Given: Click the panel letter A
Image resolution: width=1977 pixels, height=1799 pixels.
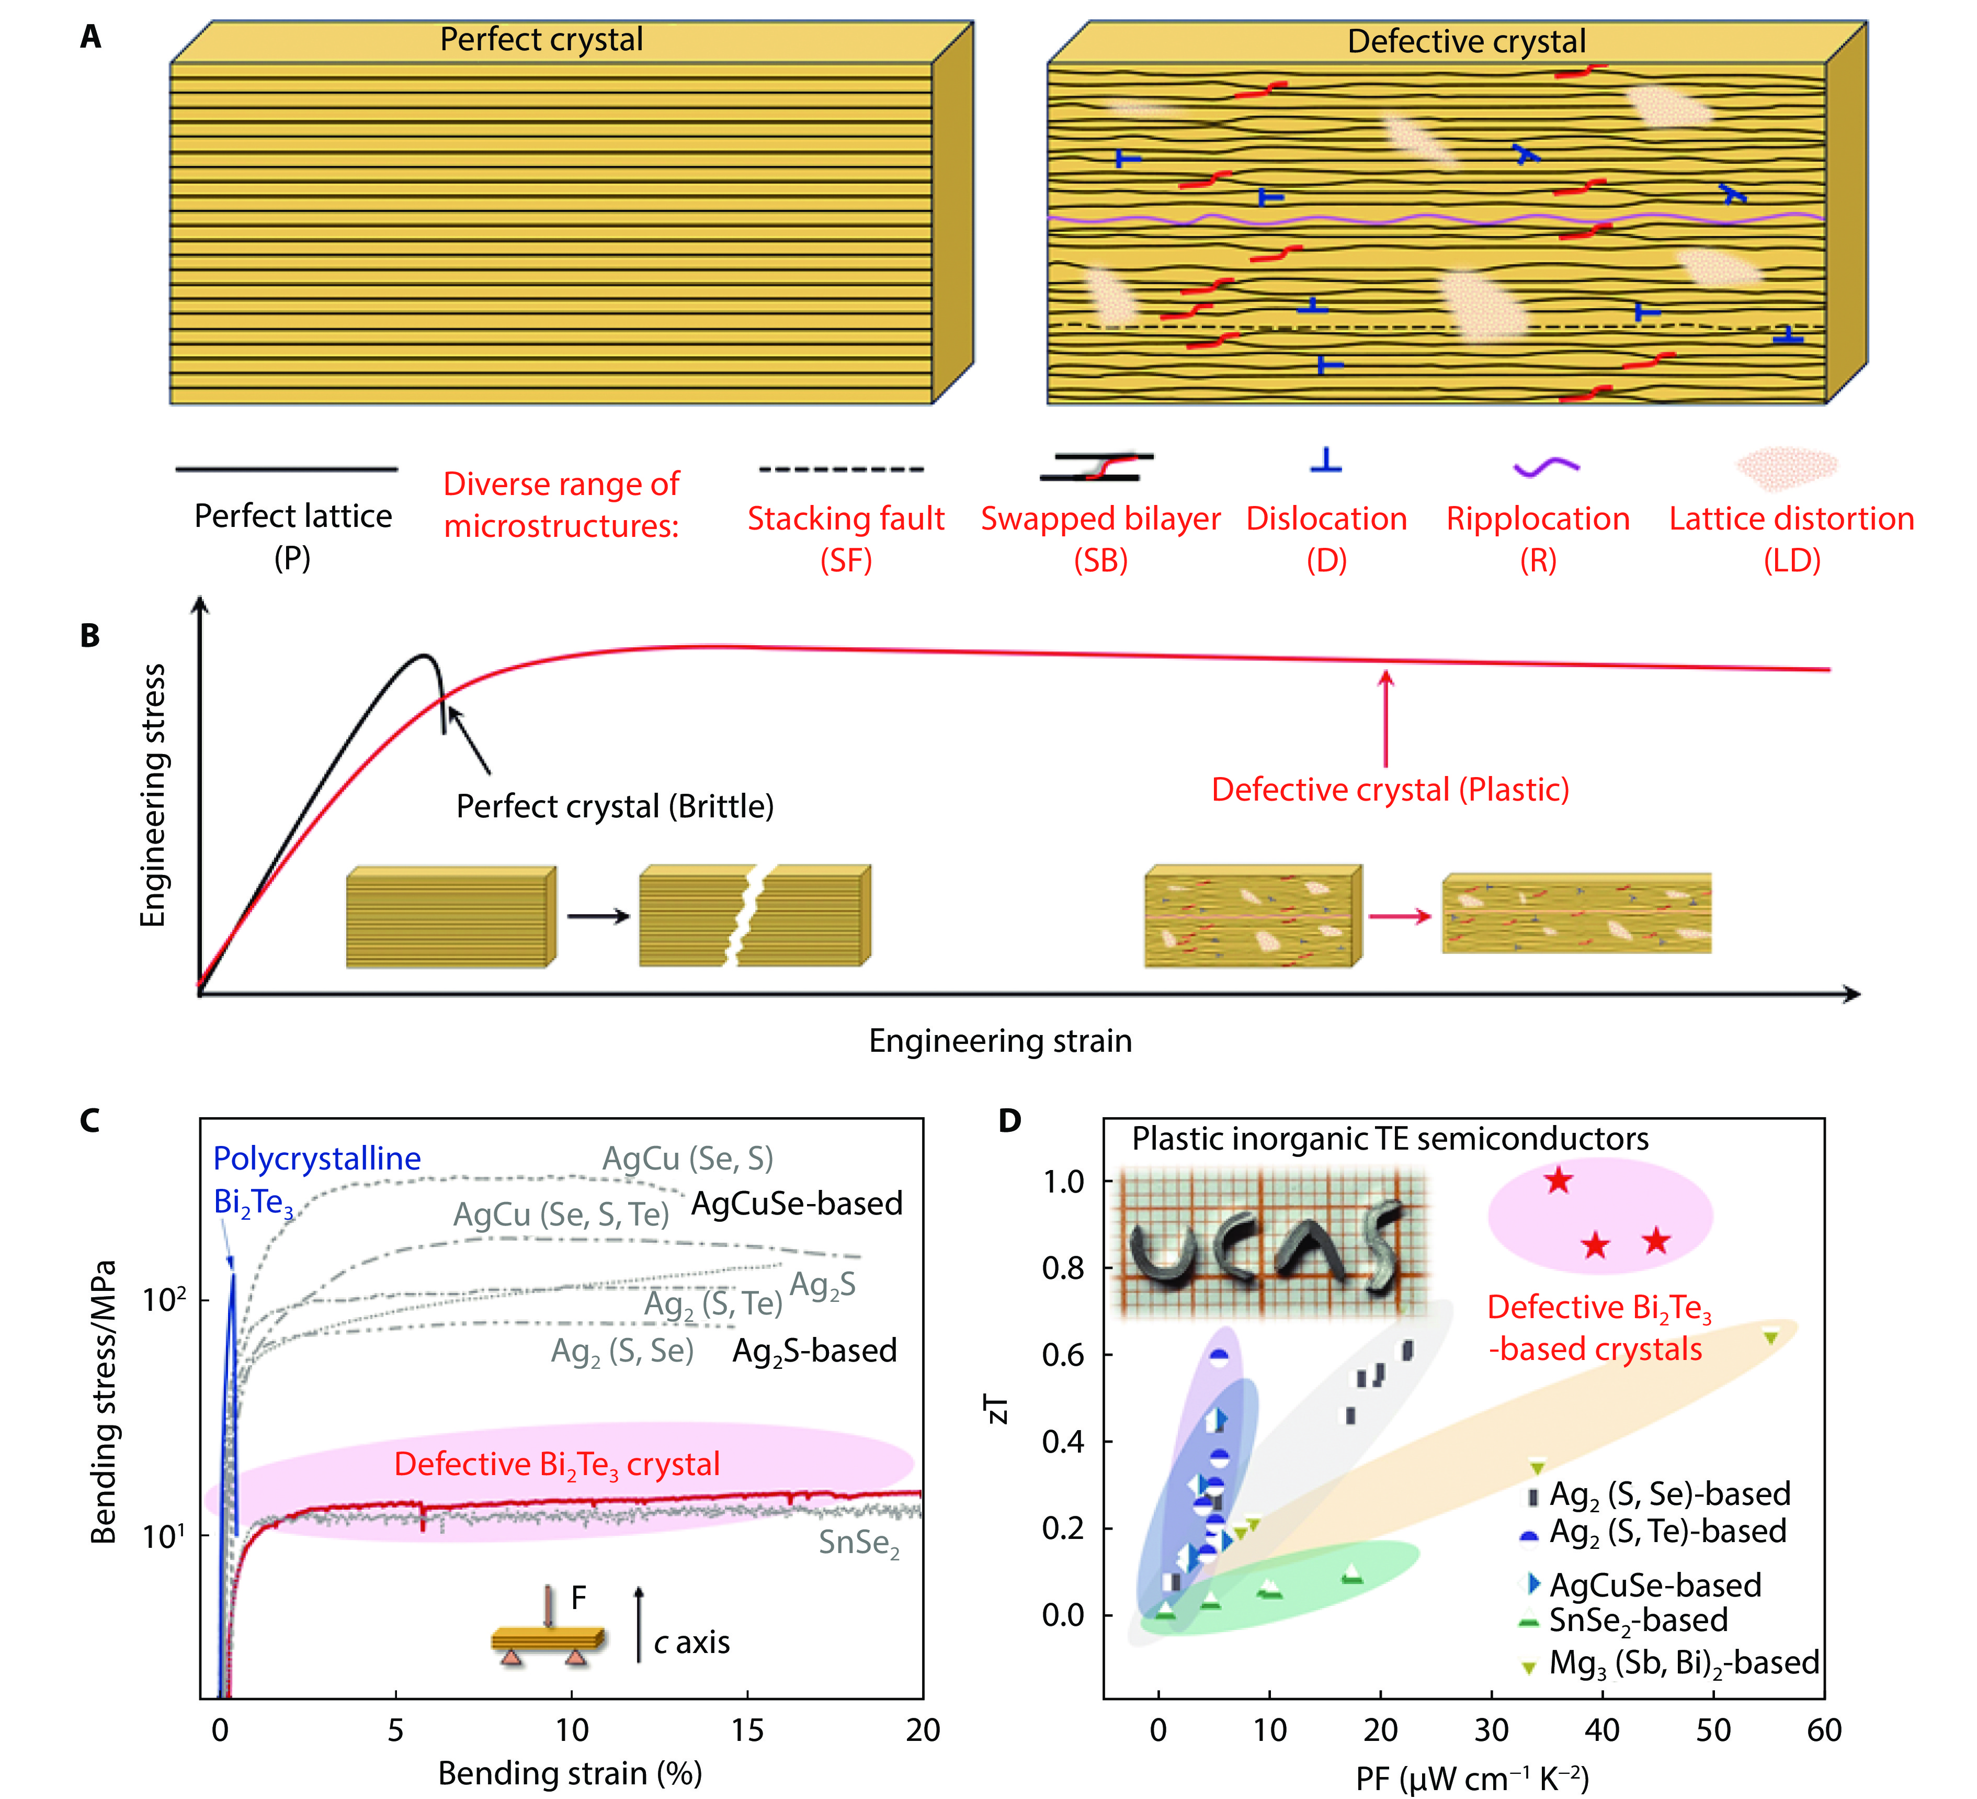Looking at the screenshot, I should [90, 37].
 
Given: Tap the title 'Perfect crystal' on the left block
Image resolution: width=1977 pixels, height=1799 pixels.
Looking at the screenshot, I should [541, 39].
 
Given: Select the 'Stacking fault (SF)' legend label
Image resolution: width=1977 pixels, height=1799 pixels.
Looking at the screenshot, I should [845, 538].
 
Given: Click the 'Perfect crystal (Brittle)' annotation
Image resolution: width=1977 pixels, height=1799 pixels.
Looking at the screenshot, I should [615, 806].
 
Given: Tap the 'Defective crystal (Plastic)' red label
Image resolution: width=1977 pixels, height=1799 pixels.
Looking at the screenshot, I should [1390, 790].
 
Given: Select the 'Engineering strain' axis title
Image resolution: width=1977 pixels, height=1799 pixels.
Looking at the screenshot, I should [1000, 1041].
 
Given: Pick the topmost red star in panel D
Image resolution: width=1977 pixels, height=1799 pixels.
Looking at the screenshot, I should [1558, 1181].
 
